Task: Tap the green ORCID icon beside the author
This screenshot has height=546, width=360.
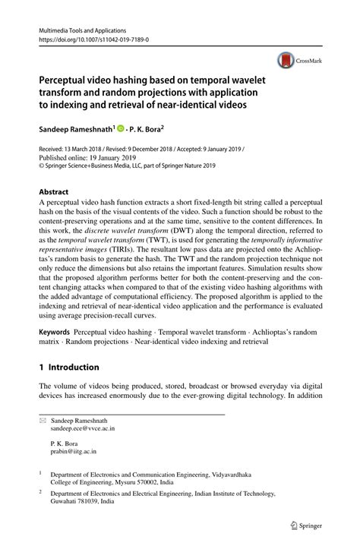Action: pyautogui.click(x=120, y=130)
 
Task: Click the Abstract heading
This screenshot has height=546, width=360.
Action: pyautogui.click(x=54, y=192)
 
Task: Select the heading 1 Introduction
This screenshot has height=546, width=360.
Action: pyautogui.click(x=69, y=368)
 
